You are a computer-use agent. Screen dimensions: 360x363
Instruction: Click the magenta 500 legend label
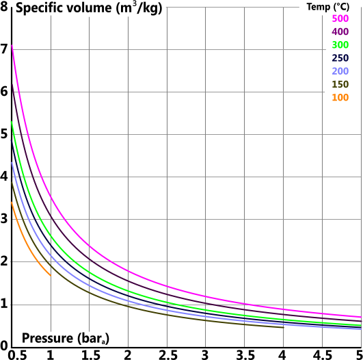340,18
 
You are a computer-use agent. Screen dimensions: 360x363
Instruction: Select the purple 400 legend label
340,31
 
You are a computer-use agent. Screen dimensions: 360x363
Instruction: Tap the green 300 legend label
340,45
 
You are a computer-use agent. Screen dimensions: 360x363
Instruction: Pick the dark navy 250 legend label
340,58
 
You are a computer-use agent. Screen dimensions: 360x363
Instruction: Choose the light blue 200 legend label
340,71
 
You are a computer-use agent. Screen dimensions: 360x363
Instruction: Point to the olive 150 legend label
340,84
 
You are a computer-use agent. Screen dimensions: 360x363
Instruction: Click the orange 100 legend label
340,98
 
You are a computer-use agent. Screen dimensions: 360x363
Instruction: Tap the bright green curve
89,273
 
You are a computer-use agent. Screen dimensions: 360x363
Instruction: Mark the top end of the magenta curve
12,45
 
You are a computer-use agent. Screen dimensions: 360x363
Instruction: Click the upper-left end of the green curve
12,123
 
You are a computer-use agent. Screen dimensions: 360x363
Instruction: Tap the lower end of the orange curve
50,274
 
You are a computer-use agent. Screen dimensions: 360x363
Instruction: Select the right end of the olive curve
282,326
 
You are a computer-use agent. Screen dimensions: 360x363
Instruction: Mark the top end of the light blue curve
12,163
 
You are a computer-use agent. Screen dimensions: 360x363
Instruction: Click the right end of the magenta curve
360,317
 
